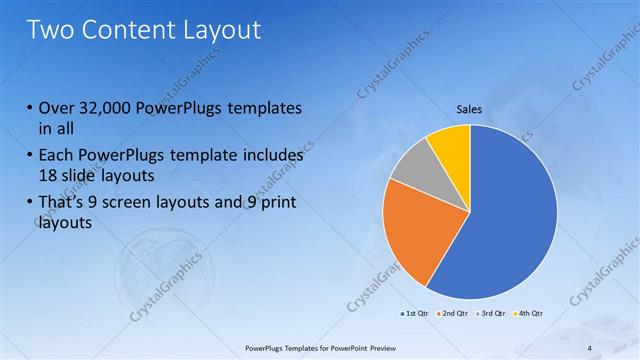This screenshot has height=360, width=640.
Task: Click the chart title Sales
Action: pyautogui.click(x=470, y=109)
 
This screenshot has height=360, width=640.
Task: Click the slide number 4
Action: pyautogui.click(x=590, y=347)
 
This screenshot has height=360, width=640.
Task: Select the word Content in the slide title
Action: pyautogui.click(x=128, y=30)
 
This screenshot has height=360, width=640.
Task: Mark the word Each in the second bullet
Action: pyautogui.click(x=58, y=156)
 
